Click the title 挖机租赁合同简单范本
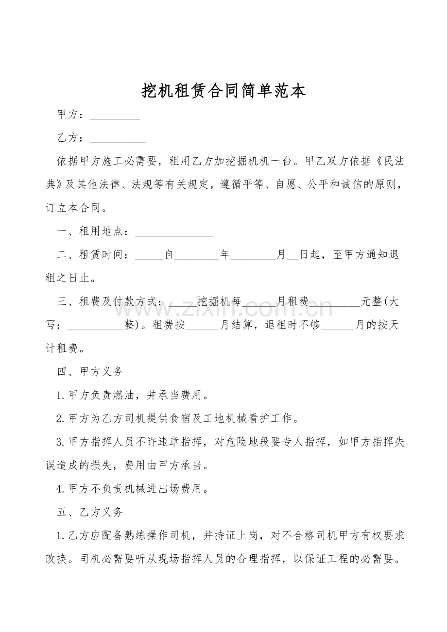[223, 91]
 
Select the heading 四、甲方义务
[90, 372]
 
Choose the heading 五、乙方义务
[90, 512]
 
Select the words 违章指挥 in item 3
[178, 442]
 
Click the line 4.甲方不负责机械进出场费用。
[133, 488]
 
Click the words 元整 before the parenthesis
[372, 301]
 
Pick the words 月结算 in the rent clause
[237, 325]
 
